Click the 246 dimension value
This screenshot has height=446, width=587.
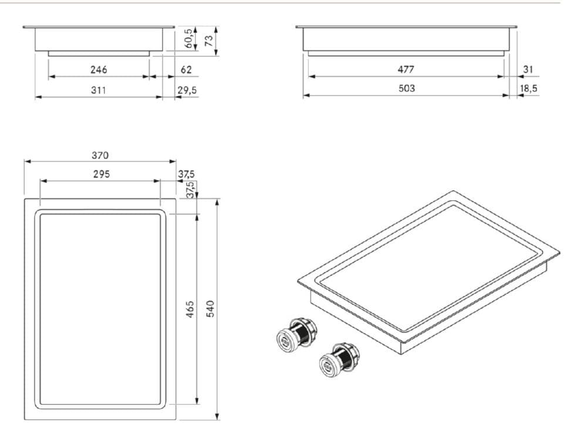[x=99, y=70]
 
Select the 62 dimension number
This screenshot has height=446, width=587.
[x=186, y=70]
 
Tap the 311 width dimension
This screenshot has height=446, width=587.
[x=98, y=90]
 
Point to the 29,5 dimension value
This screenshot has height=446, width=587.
[x=187, y=90]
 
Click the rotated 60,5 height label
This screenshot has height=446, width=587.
[x=188, y=38]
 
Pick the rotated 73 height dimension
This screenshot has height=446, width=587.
[x=208, y=40]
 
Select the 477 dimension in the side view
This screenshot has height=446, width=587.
[x=406, y=69]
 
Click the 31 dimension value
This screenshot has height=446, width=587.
[x=528, y=69]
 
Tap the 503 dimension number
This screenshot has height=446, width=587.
[x=406, y=88]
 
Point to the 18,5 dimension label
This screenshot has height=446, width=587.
[x=528, y=88]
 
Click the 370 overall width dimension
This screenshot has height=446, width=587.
[x=100, y=156]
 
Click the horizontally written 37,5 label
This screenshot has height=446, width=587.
[x=186, y=174]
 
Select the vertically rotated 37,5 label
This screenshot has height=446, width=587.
[x=190, y=189]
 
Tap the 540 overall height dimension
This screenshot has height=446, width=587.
[x=211, y=309]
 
